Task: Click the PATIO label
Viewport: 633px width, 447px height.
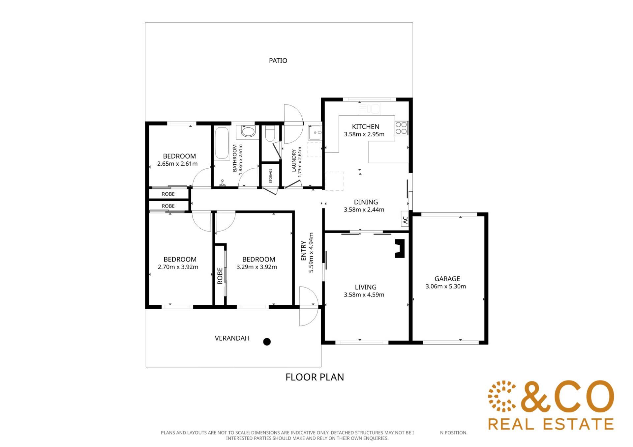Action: pyautogui.click(x=278, y=61)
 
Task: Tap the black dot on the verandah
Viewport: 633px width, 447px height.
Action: pyautogui.click(x=267, y=342)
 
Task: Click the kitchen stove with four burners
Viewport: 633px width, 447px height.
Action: pyautogui.click(x=401, y=128)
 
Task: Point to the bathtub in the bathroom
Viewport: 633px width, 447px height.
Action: pyautogui.click(x=222, y=144)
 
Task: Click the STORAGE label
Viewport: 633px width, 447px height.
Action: pyautogui.click(x=271, y=176)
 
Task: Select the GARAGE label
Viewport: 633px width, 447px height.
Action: pyautogui.click(x=447, y=279)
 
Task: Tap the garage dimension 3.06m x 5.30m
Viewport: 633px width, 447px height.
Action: pyautogui.click(x=446, y=286)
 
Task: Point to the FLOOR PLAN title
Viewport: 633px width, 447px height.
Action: pyautogui.click(x=315, y=377)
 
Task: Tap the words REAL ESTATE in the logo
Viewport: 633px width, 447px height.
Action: pyautogui.click(x=551, y=424)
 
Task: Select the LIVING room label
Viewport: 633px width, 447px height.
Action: pyautogui.click(x=366, y=287)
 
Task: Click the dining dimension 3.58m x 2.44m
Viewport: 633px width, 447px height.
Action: pyautogui.click(x=364, y=210)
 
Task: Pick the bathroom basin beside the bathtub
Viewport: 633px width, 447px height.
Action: pyautogui.click(x=248, y=131)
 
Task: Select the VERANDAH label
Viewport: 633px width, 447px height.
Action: pyautogui.click(x=232, y=338)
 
